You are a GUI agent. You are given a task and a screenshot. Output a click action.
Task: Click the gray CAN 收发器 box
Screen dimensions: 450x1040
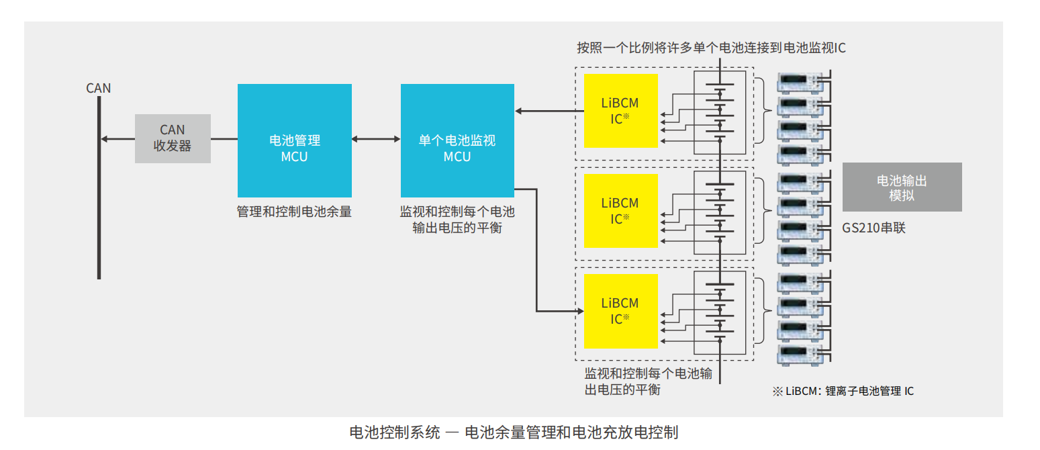173,138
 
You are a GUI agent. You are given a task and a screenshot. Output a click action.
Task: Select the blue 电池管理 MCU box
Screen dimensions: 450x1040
295,140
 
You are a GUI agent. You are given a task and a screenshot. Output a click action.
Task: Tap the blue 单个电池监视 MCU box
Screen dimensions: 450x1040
457,140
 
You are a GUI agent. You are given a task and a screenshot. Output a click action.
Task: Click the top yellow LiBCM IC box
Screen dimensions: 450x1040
621,111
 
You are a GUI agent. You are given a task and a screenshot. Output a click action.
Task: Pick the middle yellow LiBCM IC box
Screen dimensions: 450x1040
621,211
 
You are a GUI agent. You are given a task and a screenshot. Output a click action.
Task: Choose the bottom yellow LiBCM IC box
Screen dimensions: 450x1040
621,311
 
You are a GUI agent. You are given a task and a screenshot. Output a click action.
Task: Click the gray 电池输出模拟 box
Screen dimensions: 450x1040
902,187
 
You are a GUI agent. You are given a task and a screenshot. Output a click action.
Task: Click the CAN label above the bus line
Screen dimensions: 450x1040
99,88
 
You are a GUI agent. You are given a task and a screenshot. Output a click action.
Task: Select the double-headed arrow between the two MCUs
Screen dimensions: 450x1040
376,139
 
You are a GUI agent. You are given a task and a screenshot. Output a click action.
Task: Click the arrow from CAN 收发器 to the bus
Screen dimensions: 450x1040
117,139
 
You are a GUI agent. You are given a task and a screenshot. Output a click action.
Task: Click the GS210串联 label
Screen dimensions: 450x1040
874,228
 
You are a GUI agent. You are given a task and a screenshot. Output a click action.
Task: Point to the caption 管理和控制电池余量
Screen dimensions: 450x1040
294,212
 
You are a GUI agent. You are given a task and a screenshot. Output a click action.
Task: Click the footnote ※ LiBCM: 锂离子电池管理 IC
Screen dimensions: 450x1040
843,391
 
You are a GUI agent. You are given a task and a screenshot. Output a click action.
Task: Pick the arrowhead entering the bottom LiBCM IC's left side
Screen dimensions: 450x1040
579,311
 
